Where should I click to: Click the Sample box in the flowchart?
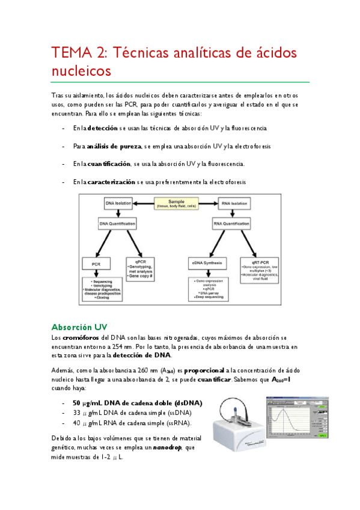click(176, 203)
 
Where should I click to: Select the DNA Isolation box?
click(118, 203)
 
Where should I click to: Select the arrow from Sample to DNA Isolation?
click(143, 203)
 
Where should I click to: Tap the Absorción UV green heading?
click(79, 327)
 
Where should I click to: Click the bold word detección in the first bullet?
click(102, 129)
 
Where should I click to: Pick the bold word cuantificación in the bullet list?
click(108, 164)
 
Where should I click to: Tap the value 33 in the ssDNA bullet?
click(76, 413)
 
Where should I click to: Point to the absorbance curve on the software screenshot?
click(288, 418)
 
